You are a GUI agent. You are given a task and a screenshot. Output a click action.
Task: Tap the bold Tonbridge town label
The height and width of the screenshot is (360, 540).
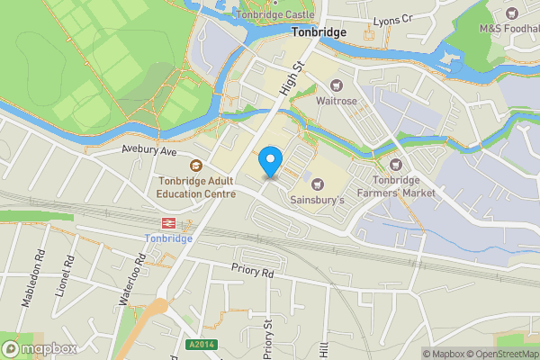pyautogui.click(x=318, y=31)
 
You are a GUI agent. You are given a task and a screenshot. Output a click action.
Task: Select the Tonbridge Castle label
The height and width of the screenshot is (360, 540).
pyautogui.click(x=274, y=15)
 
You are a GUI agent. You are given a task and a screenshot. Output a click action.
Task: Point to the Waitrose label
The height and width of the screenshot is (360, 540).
pyautogui.click(x=337, y=100)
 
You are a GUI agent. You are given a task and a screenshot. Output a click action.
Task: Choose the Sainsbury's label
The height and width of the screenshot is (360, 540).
pyautogui.click(x=318, y=200)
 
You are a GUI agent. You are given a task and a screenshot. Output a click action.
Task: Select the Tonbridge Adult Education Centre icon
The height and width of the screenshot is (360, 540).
pyautogui.click(x=194, y=165)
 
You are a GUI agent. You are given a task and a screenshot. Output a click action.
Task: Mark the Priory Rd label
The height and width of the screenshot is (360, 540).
pyautogui.click(x=251, y=270)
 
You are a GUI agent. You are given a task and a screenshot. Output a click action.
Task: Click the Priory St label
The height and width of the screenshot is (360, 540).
pyautogui.click(x=267, y=337)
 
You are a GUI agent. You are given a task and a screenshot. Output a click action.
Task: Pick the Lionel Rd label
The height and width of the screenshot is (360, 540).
pyautogui.click(x=67, y=266)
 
